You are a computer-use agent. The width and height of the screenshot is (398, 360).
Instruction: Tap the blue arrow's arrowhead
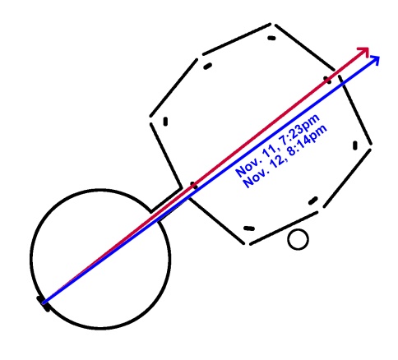376,58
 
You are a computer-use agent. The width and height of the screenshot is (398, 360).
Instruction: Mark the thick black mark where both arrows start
44,303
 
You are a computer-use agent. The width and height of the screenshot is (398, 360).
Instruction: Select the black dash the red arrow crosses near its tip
327,80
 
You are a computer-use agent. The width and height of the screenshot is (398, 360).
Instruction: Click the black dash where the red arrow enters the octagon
193,185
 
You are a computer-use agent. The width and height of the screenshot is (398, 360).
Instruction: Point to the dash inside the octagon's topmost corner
271,38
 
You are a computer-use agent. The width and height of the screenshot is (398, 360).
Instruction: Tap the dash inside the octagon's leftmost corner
165,122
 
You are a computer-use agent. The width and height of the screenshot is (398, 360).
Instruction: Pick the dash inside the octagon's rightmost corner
355,145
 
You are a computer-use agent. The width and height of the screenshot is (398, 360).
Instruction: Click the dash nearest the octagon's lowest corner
249,228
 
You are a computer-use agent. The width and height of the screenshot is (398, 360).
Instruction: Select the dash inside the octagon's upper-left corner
207,66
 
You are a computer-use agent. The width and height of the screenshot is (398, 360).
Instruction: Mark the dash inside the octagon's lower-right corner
313,201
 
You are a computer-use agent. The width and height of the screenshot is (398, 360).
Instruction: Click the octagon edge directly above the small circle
284,228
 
